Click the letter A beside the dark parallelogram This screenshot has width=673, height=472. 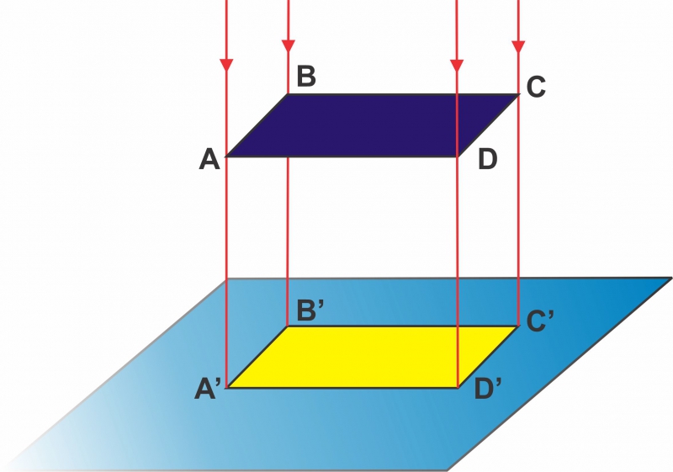(x=209, y=159)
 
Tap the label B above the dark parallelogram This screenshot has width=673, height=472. (x=306, y=76)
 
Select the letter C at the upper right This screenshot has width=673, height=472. (x=536, y=87)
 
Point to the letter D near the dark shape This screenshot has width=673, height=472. (x=488, y=159)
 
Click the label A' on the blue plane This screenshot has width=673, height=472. (x=208, y=390)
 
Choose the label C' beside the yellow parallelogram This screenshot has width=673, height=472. (x=540, y=321)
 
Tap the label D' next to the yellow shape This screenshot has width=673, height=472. (x=488, y=390)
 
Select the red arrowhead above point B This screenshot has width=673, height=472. (x=288, y=46)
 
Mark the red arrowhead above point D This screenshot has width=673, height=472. (x=457, y=66)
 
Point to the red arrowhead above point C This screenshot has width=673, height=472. (x=518, y=46)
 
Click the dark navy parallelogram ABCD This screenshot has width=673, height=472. (x=373, y=125)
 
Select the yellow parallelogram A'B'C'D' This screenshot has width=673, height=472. (x=373, y=357)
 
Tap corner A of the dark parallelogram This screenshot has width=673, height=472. (x=226, y=156)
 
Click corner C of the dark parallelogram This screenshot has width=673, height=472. (x=519, y=94)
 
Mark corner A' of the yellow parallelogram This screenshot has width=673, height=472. (x=227, y=388)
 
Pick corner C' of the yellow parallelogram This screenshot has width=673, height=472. (x=518, y=326)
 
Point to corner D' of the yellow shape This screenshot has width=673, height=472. (x=458, y=388)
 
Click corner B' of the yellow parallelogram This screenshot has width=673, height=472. (x=288, y=326)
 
